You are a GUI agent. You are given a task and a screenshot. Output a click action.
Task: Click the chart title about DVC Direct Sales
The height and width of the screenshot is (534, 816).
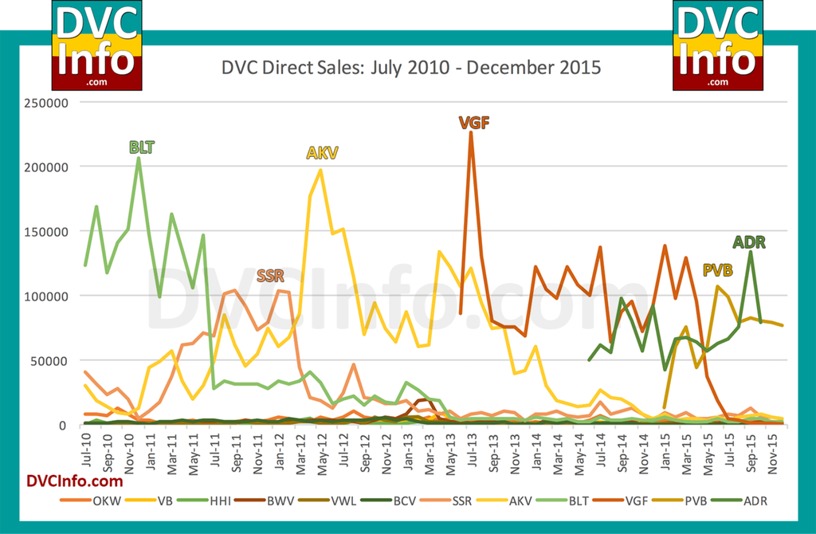point(410,68)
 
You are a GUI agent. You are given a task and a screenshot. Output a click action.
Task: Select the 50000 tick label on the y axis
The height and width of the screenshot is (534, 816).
point(54,360)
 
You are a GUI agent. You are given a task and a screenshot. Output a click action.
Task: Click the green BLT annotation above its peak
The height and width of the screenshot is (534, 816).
point(142,147)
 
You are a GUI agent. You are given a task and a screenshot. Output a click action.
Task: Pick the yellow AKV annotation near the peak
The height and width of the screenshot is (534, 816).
point(323,153)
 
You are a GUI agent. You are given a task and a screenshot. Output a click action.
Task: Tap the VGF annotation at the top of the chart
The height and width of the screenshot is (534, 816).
point(473,123)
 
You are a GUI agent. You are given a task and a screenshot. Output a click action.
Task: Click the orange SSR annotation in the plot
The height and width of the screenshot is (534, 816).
point(270,276)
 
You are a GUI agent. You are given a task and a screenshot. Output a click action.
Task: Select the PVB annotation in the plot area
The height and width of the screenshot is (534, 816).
point(717,270)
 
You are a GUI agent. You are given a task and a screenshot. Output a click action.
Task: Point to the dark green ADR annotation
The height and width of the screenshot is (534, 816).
point(749,242)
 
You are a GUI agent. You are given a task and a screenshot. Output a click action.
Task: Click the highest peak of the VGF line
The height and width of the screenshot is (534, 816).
point(471,133)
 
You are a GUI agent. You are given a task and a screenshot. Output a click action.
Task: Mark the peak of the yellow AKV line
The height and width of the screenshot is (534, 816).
point(320,170)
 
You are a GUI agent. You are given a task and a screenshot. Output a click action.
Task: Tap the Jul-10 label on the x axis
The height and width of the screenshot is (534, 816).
point(85,447)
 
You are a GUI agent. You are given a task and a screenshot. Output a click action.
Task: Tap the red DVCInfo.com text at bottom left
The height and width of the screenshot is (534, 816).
point(75,481)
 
